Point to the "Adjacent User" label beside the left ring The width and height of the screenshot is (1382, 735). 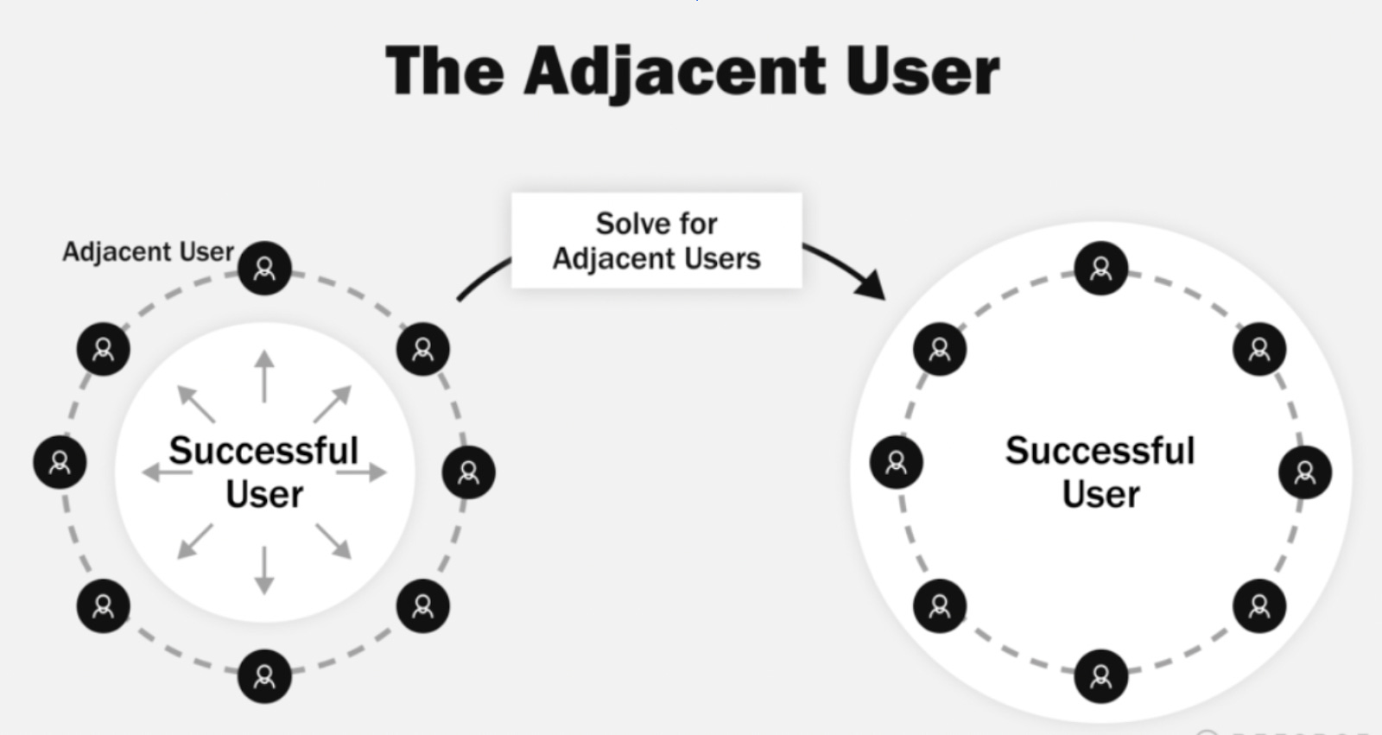pyautogui.click(x=148, y=251)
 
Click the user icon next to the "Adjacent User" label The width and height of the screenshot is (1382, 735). pyautogui.click(x=264, y=268)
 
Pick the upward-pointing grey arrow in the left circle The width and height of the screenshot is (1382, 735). pyautogui.click(x=264, y=376)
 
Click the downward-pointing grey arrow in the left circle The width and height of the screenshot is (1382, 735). pyautogui.click(x=264, y=570)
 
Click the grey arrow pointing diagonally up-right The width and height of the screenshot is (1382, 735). pyautogui.click(x=333, y=403)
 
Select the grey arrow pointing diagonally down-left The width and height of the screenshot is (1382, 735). pyautogui.click(x=195, y=541)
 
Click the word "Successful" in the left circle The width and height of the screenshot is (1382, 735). pyautogui.click(x=263, y=450)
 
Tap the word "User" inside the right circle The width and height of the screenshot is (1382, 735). pyautogui.click(x=1100, y=495)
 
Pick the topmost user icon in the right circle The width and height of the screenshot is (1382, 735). pyautogui.click(x=1100, y=269)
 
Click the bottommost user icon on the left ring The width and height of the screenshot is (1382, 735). pyautogui.click(x=264, y=675)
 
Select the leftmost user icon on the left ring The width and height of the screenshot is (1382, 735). pyautogui.click(x=60, y=462)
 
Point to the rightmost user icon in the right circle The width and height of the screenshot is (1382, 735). pyautogui.click(x=1304, y=472)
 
